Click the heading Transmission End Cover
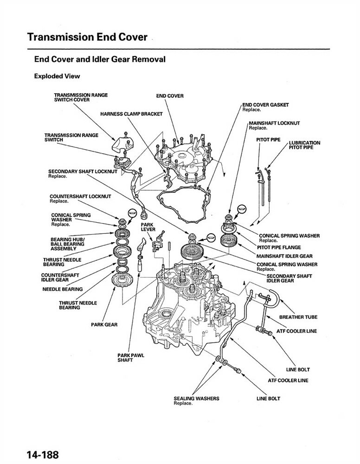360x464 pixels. (x=87, y=37)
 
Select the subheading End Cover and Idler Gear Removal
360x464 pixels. (x=100, y=59)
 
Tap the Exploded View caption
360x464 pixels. (x=57, y=76)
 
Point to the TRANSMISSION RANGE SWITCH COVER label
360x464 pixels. (x=81, y=97)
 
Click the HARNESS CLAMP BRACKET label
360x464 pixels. (x=131, y=114)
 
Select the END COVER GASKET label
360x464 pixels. (x=265, y=105)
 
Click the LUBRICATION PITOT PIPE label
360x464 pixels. (x=304, y=145)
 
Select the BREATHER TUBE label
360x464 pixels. (x=298, y=317)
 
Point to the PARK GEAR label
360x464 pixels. (x=104, y=324)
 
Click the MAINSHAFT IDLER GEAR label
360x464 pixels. (x=284, y=256)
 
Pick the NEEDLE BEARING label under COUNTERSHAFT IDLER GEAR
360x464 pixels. (x=62, y=289)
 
